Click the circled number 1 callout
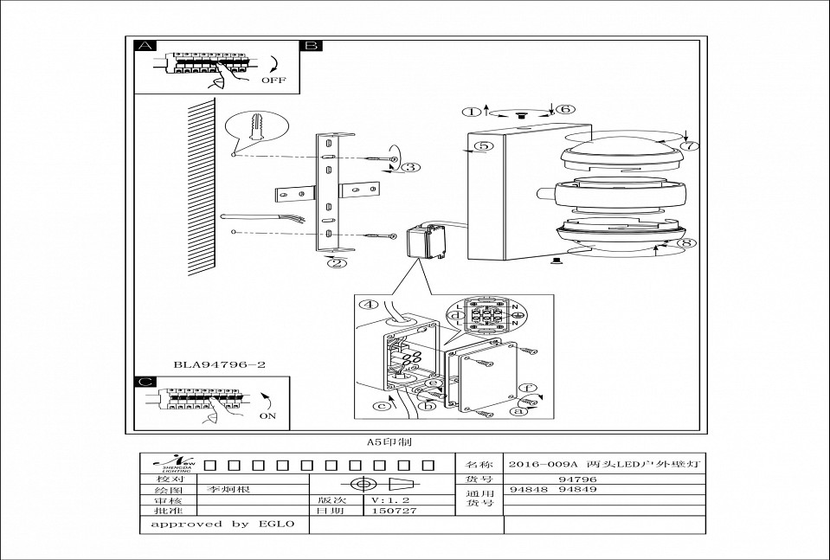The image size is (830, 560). pyautogui.click(x=470, y=112)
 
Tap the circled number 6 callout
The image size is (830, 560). pyautogui.click(x=564, y=110)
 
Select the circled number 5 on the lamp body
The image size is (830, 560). pyautogui.click(x=484, y=145)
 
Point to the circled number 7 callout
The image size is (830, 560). pyautogui.click(x=688, y=145)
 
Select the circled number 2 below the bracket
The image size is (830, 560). pyautogui.click(x=338, y=263)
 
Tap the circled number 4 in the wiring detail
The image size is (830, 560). pyautogui.click(x=370, y=304)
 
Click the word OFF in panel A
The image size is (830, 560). pyautogui.click(x=273, y=80)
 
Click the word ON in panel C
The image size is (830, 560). pyautogui.click(x=269, y=415)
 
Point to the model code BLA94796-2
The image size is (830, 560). pyautogui.click(x=218, y=364)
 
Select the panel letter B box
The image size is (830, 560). pyautogui.click(x=311, y=46)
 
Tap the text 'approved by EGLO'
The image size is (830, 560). pyautogui.click(x=222, y=524)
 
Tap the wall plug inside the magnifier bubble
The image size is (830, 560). pyautogui.click(x=257, y=128)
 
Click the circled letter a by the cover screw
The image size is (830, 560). pyautogui.click(x=519, y=413)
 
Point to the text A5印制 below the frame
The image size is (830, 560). pyautogui.click(x=389, y=441)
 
